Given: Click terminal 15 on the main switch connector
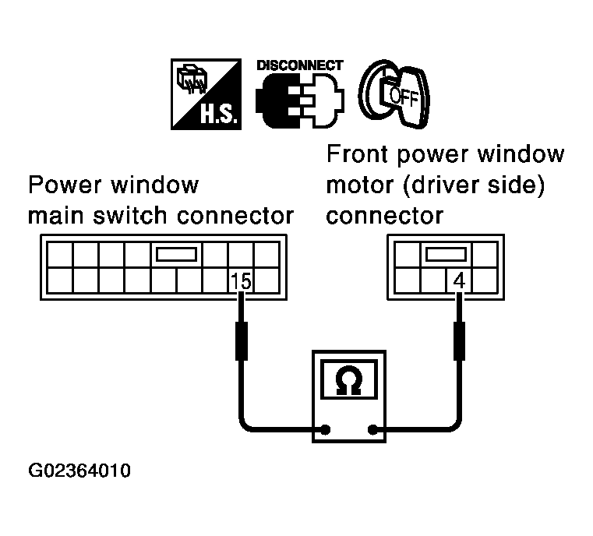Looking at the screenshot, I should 242,281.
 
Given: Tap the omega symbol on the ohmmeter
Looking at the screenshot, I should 347,380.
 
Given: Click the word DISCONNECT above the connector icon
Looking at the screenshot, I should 299,65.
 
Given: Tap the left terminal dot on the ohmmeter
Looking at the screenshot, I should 325,428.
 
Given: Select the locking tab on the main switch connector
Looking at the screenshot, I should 178,255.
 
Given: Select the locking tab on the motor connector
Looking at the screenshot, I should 446,255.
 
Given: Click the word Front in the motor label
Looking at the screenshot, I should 355,154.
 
